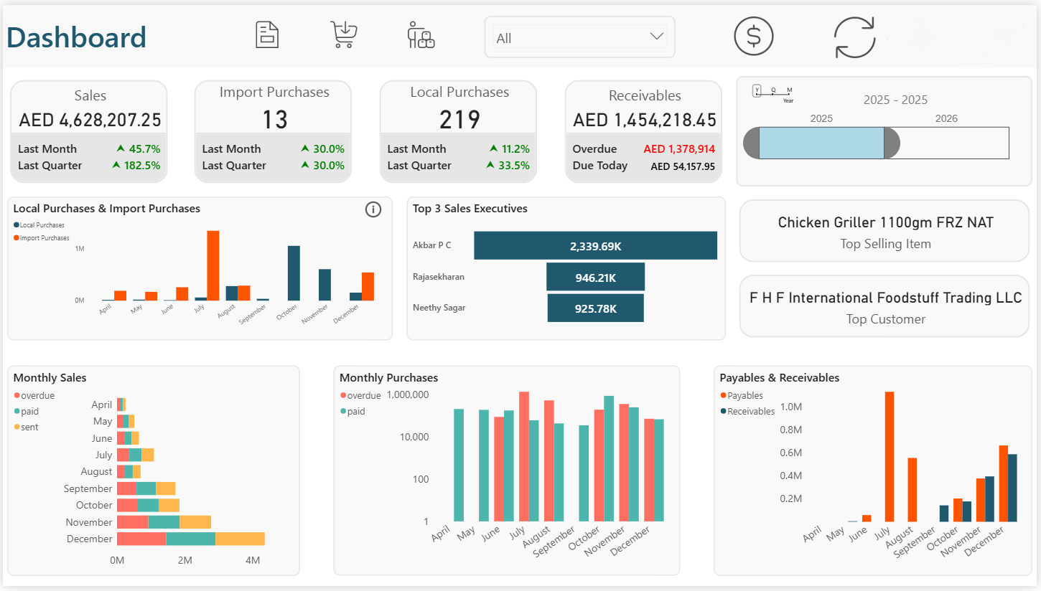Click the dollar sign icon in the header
pyautogui.click(x=753, y=36)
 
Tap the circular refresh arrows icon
pyautogui.click(x=854, y=37)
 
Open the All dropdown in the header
pyautogui.click(x=579, y=38)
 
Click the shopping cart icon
pyautogui.click(x=344, y=34)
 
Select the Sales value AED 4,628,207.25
pyautogui.click(x=90, y=120)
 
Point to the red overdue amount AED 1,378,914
pyautogui.click(x=678, y=149)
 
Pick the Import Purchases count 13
pyautogui.click(x=274, y=120)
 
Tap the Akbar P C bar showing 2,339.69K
pyautogui.click(x=595, y=246)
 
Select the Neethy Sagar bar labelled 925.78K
pyautogui.click(x=595, y=308)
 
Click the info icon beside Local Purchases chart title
pyautogui.click(x=373, y=209)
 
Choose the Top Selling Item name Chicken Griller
pyautogui.click(x=885, y=222)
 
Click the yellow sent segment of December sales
pyautogui.click(x=240, y=539)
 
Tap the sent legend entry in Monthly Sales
pyautogui.click(x=29, y=427)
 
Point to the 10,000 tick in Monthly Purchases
pyautogui.click(x=409, y=437)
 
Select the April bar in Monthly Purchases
pyautogui.click(x=459, y=465)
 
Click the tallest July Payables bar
pyautogui.click(x=890, y=456)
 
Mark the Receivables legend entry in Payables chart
pyautogui.click(x=750, y=412)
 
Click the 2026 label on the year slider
pyautogui.click(x=946, y=118)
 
